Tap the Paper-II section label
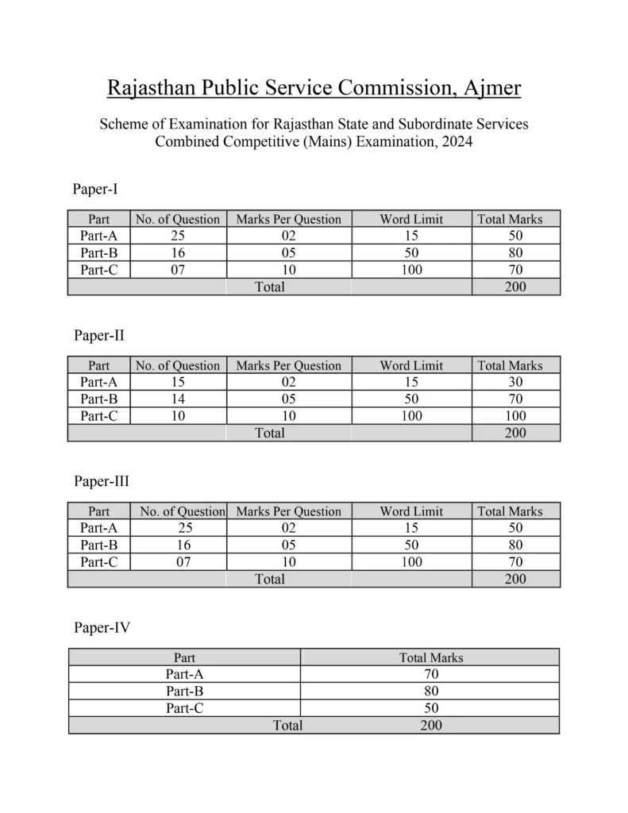pos(98,335)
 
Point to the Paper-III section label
pos(101,481)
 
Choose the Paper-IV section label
pos(102,628)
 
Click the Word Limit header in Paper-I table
pos(411,219)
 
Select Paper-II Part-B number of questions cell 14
pos(179,399)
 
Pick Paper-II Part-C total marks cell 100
pos(515,415)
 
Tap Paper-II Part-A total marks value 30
pos(515,382)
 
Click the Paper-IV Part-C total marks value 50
pos(430,708)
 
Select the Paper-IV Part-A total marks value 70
pos(430,675)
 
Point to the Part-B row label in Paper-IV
pos(184,692)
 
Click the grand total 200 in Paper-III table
pos(515,580)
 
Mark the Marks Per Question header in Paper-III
pos(288,511)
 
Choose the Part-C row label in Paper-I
pos(99,269)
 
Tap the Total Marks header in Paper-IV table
pos(430,657)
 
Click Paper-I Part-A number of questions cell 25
pos(179,236)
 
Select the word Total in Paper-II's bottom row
pos(269,433)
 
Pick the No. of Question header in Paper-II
pos(179,365)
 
